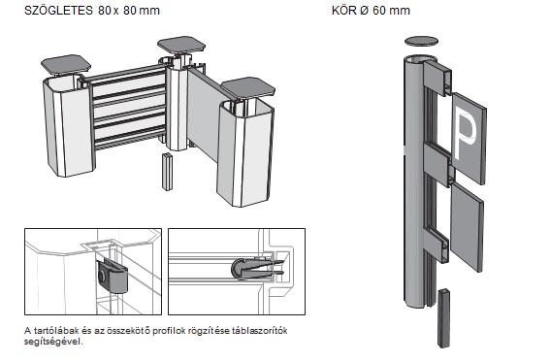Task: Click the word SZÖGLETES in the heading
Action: tap(58, 11)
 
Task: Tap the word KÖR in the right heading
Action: tap(344, 11)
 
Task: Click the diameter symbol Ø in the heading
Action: tap(364, 11)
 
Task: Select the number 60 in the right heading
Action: tap(379, 11)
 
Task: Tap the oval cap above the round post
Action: tap(421, 42)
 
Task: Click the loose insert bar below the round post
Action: tap(444, 318)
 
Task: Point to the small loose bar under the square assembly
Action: tap(167, 172)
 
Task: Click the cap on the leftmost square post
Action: tap(66, 65)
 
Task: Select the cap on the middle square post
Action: tap(181, 45)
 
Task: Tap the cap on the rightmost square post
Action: tap(247, 88)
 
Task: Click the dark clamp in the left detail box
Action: tap(112, 276)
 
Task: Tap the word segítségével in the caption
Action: tap(53, 342)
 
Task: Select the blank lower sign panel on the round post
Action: tap(467, 227)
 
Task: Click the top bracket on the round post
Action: tap(438, 78)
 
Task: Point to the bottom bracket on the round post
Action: tap(437, 245)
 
